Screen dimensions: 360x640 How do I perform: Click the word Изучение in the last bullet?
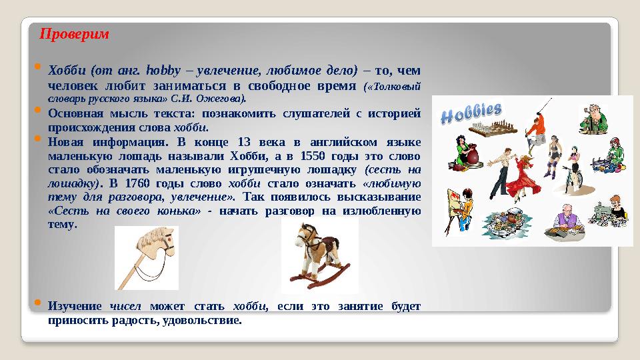coord(74,306)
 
